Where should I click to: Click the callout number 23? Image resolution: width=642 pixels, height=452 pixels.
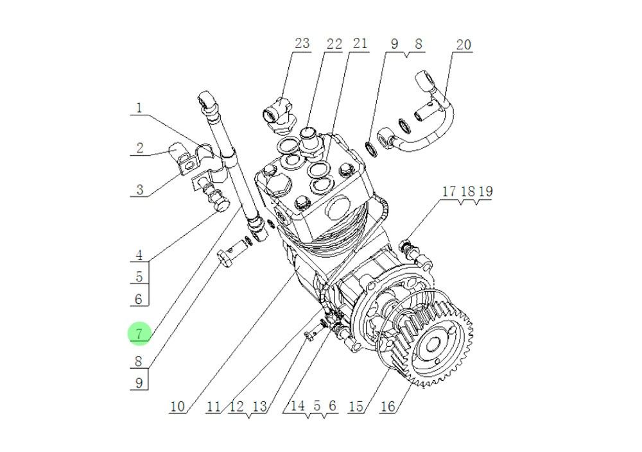pyautogui.click(x=302, y=44)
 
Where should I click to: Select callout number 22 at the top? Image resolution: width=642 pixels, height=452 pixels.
pyautogui.click(x=334, y=44)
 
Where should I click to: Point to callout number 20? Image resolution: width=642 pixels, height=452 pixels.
pyautogui.click(x=463, y=44)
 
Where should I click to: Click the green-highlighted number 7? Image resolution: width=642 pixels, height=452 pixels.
pyautogui.click(x=139, y=333)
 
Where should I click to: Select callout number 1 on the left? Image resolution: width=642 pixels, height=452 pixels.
pyautogui.click(x=139, y=107)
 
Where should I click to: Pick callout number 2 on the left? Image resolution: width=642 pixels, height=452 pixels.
pyautogui.click(x=139, y=148)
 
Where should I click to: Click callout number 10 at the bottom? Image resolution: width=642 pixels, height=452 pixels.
pyautogui.click(x=178, y=406)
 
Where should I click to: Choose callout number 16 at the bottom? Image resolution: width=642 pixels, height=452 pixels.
pyautogui.click(x=387, y=406)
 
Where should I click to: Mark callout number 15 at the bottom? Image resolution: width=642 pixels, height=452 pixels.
pyautogui.click(x=356, y=406)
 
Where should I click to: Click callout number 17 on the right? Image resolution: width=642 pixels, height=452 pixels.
pyautogui.click(x=448, y=192)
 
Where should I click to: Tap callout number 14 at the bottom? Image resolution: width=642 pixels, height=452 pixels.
pyautogui.click(x=297, y=406)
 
